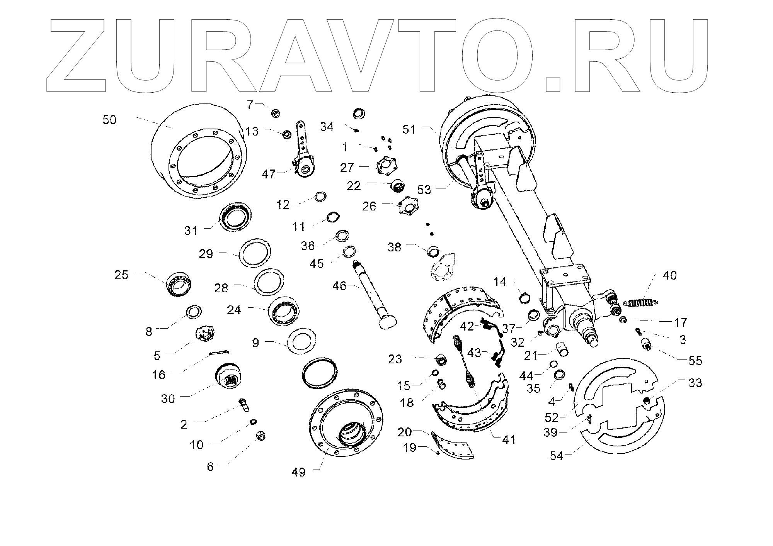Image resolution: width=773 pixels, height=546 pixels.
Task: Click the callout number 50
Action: click(109, 120)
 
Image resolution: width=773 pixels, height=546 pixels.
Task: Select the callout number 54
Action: click(557, 456)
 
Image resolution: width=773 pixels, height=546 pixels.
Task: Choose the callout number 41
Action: click(508, 439)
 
